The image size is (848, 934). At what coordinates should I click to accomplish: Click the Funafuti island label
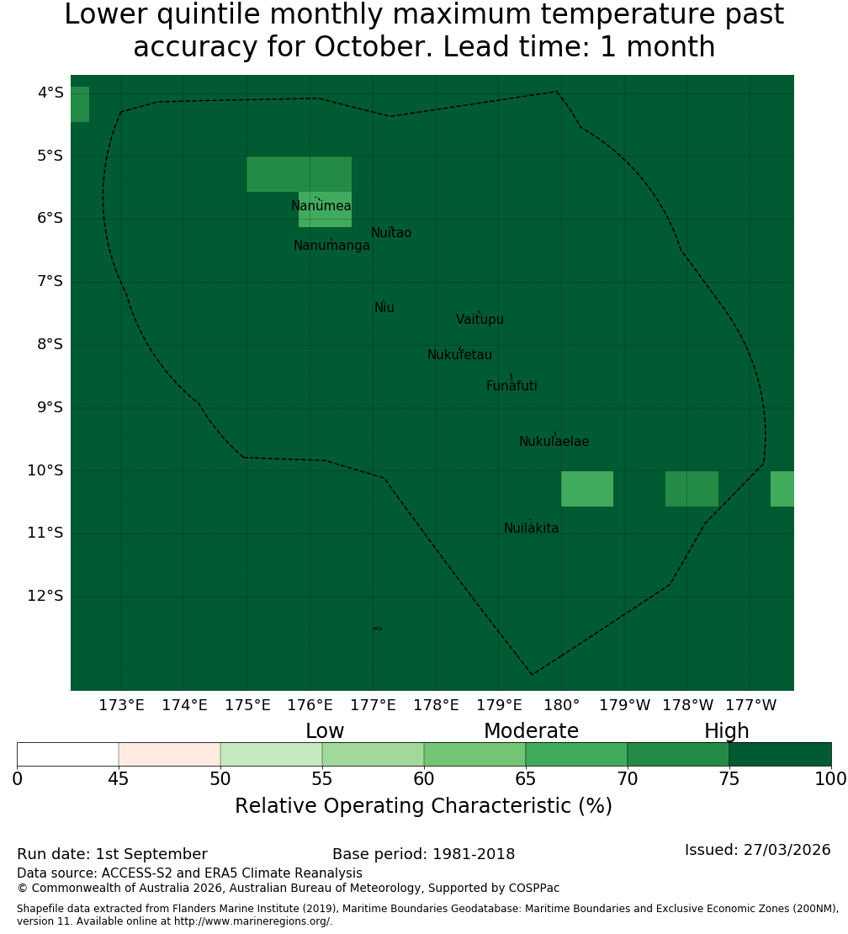click(x=511, y=386)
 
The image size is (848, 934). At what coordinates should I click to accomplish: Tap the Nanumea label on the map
click(x=321, y=206)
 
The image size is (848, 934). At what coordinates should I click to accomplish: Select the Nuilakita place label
click(x=531, y=528)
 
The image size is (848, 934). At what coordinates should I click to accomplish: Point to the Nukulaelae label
click(x=554, y=442)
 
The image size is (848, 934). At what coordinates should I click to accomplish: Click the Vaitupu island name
click(x=480, y=320)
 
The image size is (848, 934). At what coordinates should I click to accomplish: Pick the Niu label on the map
click(x=384, y=308)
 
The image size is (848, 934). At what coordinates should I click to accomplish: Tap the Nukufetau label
click(x=459, y=355)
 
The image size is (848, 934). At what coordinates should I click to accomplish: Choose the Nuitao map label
click(x=391, y=233)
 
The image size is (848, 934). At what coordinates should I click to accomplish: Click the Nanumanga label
click(x=331, y=246)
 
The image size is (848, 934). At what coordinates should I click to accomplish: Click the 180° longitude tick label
click(x=562, y=705)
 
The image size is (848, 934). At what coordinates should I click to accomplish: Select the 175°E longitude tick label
click(x=247, y=705)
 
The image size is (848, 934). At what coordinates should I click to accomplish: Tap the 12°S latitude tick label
click(x=45, y=596)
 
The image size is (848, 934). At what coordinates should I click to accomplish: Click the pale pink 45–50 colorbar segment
click(x=170, y=754)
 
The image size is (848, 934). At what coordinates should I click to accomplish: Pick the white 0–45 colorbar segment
click(x=68, y=754)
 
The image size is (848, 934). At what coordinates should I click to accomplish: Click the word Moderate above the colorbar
click(x=531, y=731)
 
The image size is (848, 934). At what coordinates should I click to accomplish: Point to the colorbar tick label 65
click(x=526, y=779)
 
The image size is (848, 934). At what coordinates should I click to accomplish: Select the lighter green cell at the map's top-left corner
click(x=80, y=104)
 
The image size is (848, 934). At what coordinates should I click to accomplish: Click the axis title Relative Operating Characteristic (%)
click(x=423, y=806)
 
